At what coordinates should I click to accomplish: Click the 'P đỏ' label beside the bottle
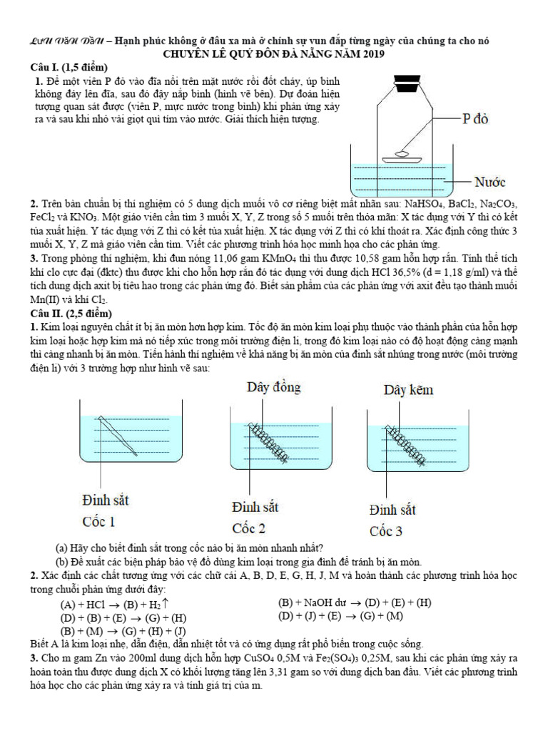475,119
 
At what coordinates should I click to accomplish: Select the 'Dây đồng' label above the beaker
274,387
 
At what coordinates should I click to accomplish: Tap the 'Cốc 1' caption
99,521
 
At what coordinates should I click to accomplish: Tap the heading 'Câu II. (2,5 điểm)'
70,313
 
